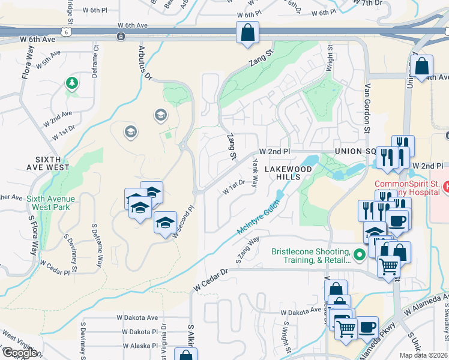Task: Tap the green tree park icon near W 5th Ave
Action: pos(72,83)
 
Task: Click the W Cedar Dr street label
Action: pos(211,280)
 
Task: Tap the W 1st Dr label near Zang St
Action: pos(234,187)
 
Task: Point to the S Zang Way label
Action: pos(247,249)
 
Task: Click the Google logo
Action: pos(19,352)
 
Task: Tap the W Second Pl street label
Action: pos(184,223)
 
